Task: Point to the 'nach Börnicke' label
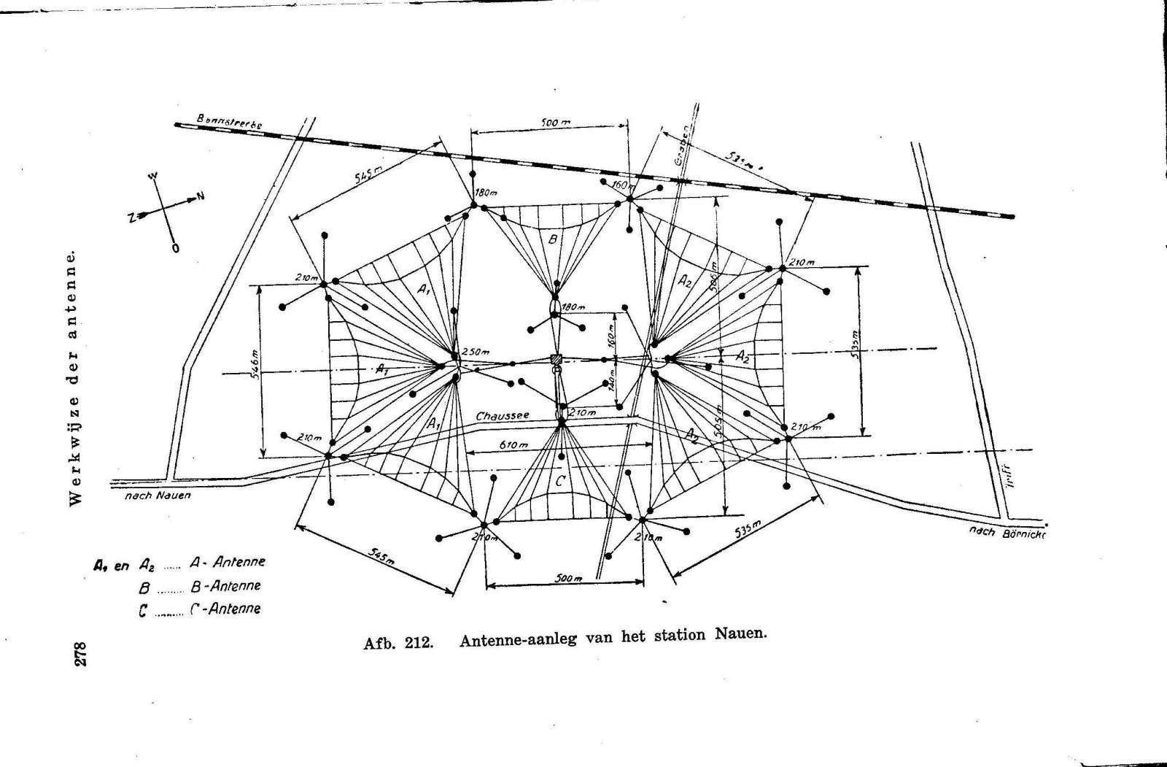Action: coord(1006,533)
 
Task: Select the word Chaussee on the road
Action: coord(503,416)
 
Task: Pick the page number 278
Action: coord(80,653)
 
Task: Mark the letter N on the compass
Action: coord(200,196)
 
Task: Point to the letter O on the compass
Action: coord(175,248)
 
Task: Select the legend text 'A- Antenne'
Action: coord(227,562)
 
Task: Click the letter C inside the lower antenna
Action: coord(559,482)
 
